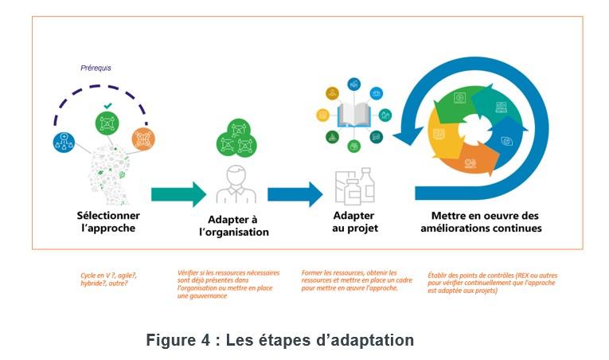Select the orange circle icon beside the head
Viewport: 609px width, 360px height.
142,139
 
